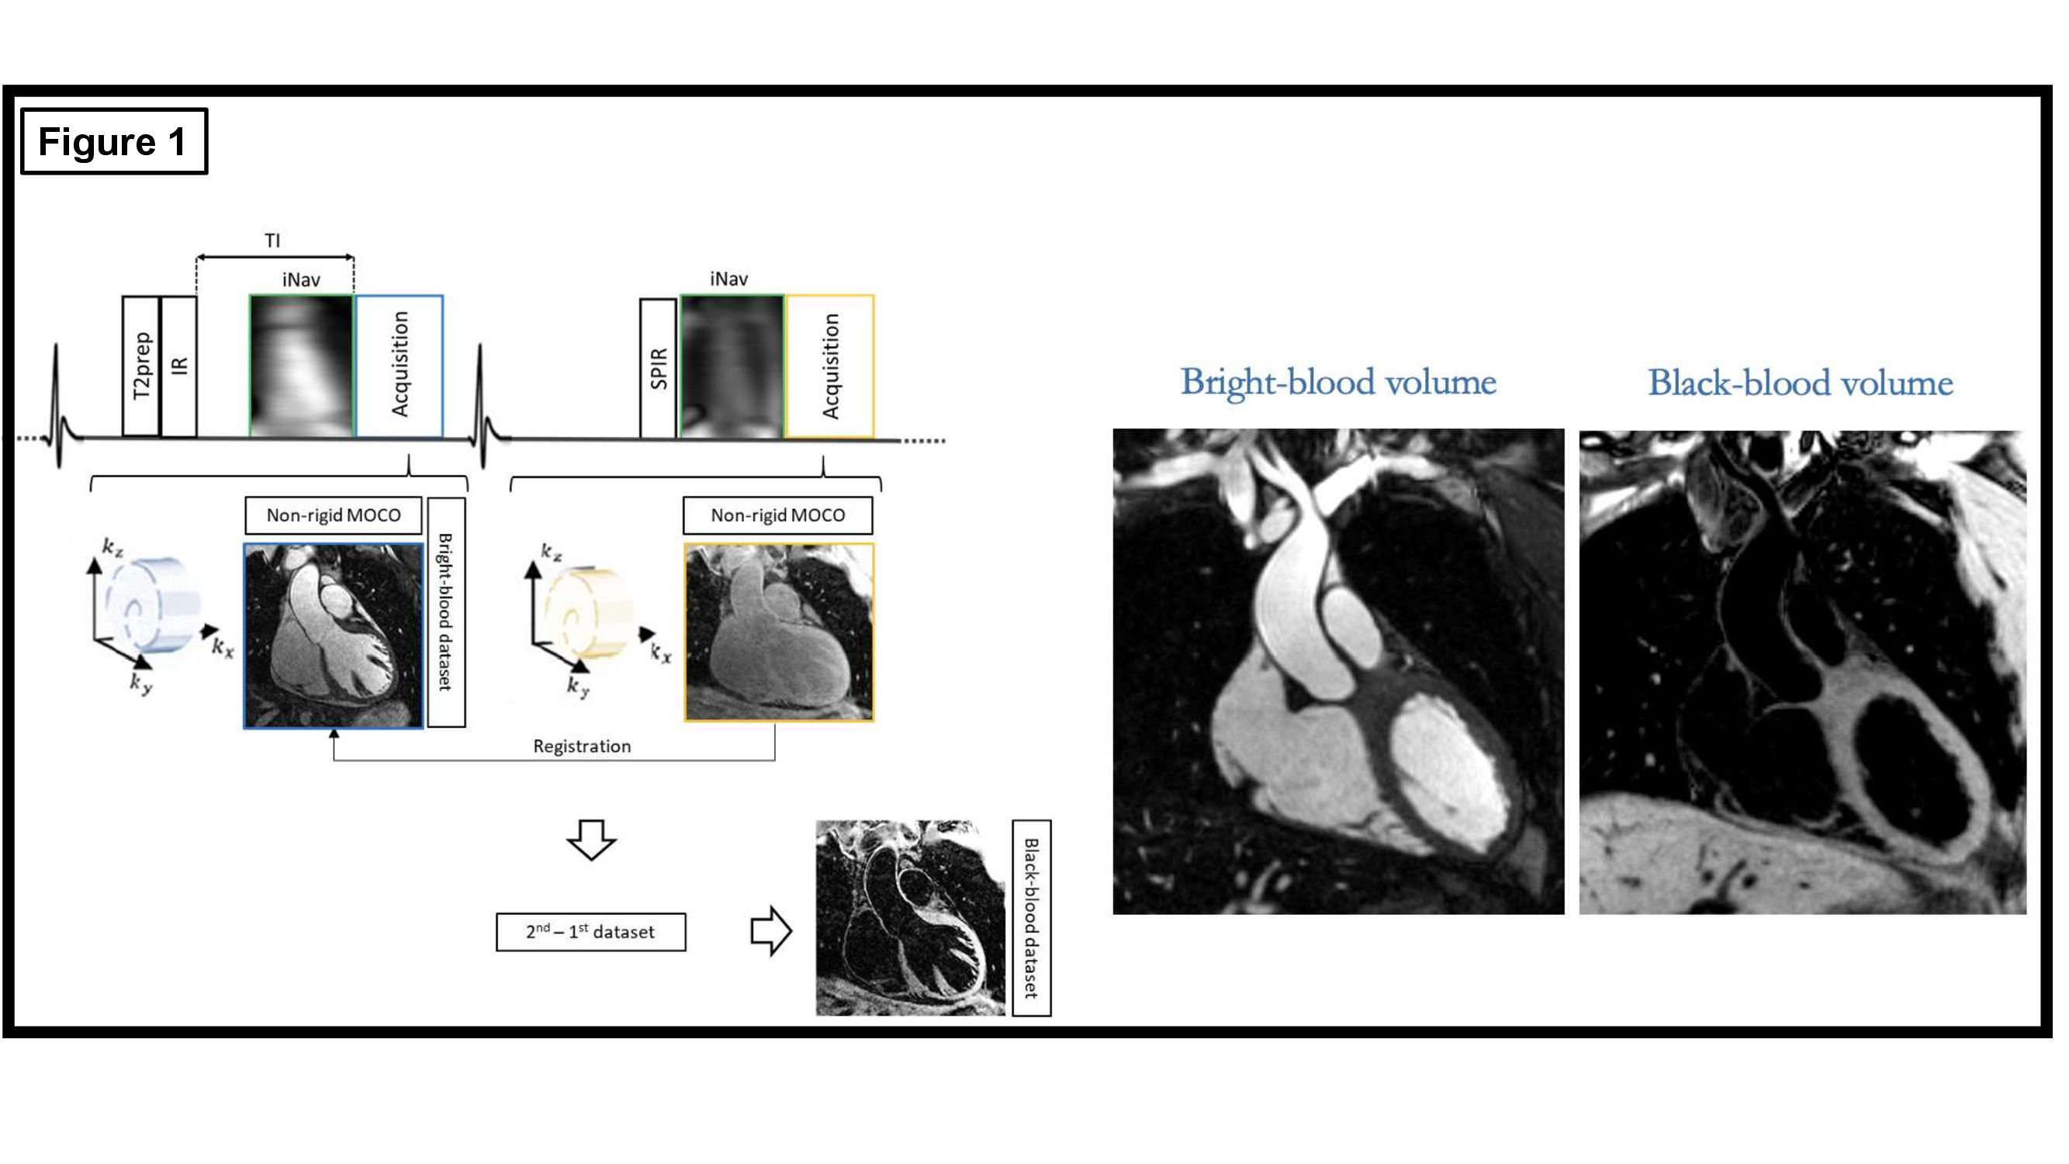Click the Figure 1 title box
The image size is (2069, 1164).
point(113,141)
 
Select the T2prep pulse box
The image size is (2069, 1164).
point(140,366)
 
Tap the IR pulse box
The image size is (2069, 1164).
point(179,366)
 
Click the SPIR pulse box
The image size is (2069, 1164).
point(658,368)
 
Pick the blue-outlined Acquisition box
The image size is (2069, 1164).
point(400,366)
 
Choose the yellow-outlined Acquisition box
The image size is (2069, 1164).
point(829,366)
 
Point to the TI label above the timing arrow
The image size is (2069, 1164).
point(272,241)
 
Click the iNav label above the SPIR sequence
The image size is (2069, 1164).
point(728,279)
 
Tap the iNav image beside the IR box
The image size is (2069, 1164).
point(301,366)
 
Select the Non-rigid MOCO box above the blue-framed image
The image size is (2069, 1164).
point(334,516)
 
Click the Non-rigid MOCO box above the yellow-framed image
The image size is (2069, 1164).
point(777,516)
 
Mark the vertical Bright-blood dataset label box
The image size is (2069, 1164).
point(446,612)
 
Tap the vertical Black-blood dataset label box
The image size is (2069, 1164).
point(1031,918)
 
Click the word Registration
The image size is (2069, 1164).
point(582,747)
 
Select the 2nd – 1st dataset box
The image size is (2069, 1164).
point(590,932)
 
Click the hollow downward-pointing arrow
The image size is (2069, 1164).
point(591,840)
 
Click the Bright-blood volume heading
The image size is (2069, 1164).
point(1338,383)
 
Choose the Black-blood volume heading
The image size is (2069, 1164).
point(1800,383)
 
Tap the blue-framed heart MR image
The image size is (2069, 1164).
point(334,636)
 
